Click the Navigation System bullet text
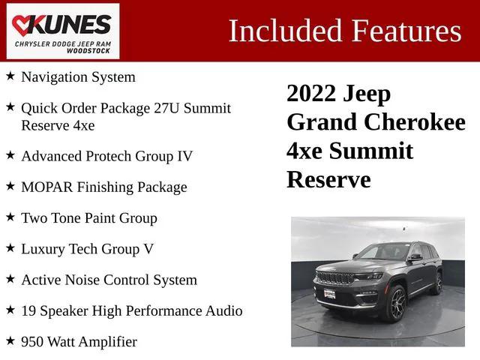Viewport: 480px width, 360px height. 78,76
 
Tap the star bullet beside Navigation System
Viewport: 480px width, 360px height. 10,76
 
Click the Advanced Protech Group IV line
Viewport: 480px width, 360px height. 106,156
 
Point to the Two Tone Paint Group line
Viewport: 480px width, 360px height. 88,218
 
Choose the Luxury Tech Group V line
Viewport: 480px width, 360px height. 87,249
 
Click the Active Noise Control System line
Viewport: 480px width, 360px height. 109,280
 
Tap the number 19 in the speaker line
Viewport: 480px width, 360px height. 29,310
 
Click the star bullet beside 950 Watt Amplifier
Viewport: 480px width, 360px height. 10,340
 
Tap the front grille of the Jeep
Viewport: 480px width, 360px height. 336,277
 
